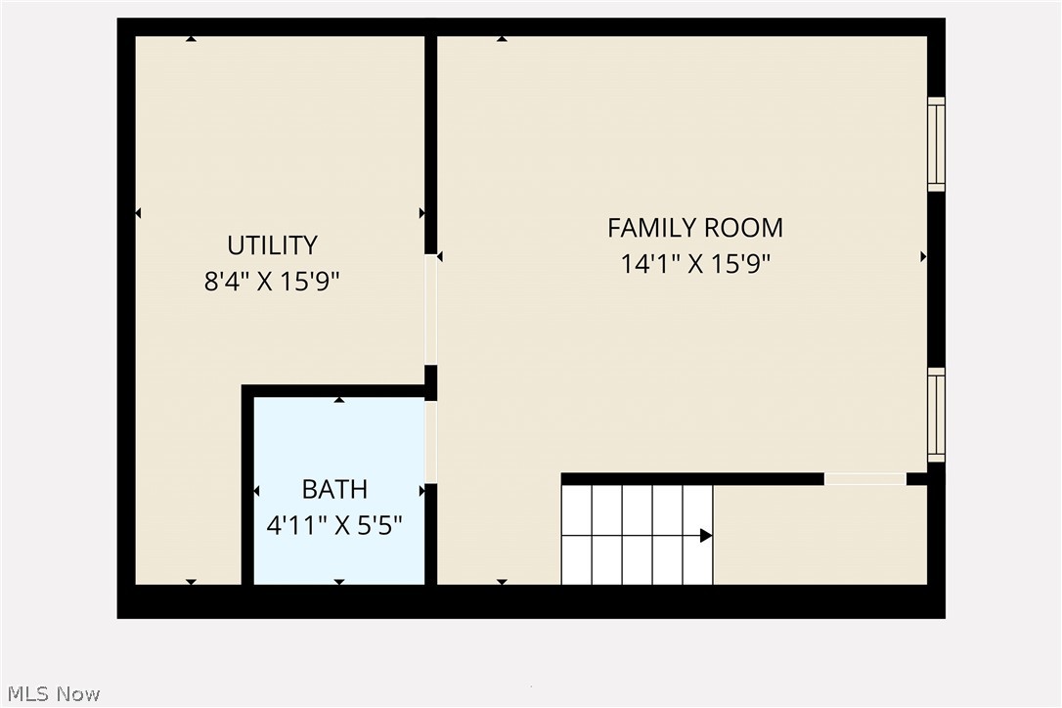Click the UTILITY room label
click(x=272, y=244)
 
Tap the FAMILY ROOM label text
click(x=694, y=228)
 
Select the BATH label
click(x=334, y=489)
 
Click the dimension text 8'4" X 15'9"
click(x=272, y=282)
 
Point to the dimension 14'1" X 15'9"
click(x=695, y=264)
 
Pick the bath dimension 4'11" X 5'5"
click(x=334, y=525)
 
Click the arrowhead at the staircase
click(x=705, y=535)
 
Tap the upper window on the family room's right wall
click(x=936, y=145)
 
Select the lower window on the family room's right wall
click(x=936, y=415)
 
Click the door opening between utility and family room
click(x=430, y=309)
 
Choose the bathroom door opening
click(x=430, y=441)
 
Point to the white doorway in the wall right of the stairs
click(x=864, y=479)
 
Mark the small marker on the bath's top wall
click(x=339, y=400)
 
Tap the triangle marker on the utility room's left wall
click(x=138, y=213)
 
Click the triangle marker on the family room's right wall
click(x=923, y=256)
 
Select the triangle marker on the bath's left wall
click(x=256, y=491)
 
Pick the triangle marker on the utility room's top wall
click(x=191, y=39)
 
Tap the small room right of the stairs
click(x=819, y=535)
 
